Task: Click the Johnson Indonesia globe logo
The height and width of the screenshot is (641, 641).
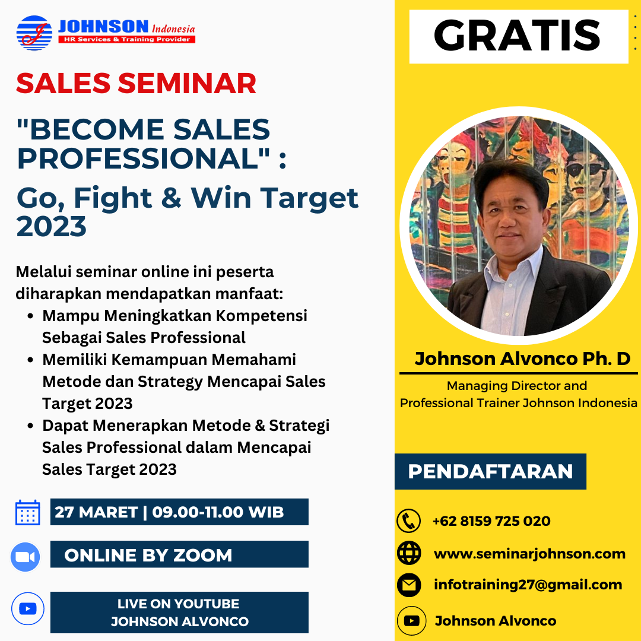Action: [x=34, y=33]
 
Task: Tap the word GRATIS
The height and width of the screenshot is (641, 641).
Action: [x=517, y=36]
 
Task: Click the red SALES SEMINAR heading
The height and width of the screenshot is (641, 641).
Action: [x=136, y=84]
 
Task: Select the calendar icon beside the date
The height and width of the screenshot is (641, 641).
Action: [x=28, y=512]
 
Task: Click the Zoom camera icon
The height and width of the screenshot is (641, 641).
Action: [x=26, y=557]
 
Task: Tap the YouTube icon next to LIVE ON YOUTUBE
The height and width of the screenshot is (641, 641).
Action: [x=28, y=609]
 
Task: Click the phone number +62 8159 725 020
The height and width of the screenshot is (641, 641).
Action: [x=491, y=521]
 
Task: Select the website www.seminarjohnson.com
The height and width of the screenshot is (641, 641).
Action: [x=530, y=554]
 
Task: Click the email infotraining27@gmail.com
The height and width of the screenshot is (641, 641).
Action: [x=528, y=585]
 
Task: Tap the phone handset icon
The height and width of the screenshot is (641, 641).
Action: [x=409, y=521]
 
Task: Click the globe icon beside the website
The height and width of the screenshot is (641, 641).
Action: [x=409, y=553]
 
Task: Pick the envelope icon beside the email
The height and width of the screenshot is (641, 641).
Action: [x=409, y=585]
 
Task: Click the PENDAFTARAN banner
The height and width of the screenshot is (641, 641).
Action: [x=490, y=471]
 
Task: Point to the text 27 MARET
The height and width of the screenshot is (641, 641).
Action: [x=96, y=512]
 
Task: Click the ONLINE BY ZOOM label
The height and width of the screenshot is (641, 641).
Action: [x=148, y=555]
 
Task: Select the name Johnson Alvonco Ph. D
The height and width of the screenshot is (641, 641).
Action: [x=522, y=359]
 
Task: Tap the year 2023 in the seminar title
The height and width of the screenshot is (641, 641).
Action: [x=52, y=227]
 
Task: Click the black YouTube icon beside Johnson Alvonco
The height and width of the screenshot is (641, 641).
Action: [x=412, y=621]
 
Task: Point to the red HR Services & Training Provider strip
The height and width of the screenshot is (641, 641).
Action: [x=127, y=39]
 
